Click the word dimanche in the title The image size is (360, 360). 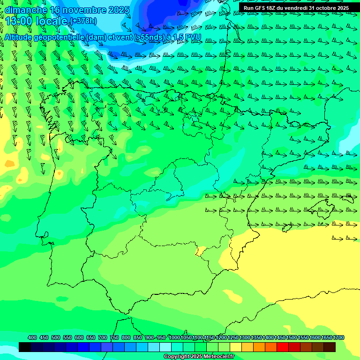coord(26,10)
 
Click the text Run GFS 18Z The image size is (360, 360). coord(261,8)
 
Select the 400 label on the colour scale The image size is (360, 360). coord(32,337)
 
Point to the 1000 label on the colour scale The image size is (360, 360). coord(174,337)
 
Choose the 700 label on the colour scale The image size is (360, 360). coord(103,337)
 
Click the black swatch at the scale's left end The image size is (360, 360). coord(25,347)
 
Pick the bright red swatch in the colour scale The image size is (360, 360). coord(283,347)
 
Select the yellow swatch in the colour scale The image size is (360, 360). coord(236,347)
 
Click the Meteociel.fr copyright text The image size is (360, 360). coord(199,357)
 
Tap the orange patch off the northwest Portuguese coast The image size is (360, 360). coord(9,164)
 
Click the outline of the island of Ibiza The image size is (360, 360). coord(287,228)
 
